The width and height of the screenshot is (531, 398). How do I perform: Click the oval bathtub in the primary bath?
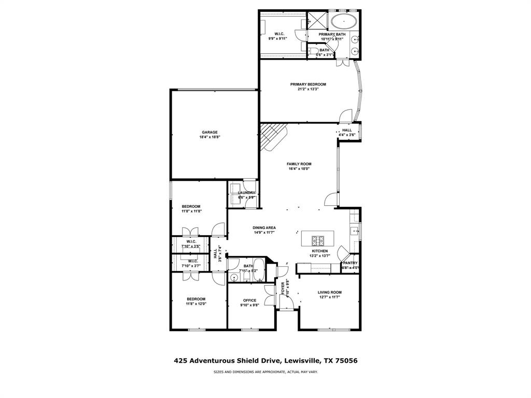pos(344,22)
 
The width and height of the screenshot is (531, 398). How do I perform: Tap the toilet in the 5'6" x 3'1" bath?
pos(313,51)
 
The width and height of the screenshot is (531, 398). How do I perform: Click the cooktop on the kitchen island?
pos(318,240)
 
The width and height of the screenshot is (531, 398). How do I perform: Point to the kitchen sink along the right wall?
pos(355,231)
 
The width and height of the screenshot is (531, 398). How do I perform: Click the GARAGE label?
pos(209,132)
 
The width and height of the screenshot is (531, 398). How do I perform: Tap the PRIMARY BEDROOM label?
pos(308,84)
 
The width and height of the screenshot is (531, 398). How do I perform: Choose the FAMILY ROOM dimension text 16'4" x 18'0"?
pos(299,168)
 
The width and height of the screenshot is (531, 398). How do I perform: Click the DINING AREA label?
pos(264,228)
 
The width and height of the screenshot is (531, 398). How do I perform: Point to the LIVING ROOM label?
pos(329,292)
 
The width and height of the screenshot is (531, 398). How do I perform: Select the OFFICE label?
pos(250,300)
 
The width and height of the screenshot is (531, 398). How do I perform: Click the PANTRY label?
pos(350,263)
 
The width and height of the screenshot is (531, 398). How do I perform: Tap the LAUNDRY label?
pos(246,193)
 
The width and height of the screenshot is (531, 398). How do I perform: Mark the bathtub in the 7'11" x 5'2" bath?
pos(260,271)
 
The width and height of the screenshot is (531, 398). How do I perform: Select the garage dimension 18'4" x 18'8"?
pos(209,137)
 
